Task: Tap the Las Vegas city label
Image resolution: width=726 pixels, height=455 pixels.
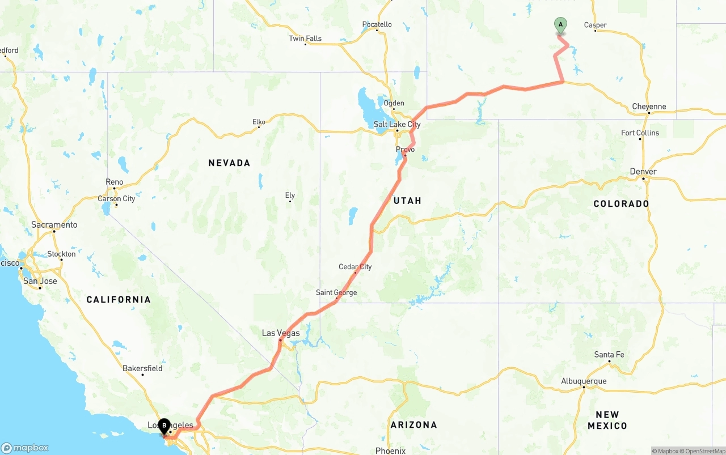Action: coord(281,333)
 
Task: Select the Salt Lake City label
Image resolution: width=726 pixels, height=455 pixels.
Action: coord(397,125)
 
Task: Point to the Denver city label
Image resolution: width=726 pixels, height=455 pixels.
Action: coord(643,172)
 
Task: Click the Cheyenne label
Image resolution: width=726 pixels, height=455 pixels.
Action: coord(649,107)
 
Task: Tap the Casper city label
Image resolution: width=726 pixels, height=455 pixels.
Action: coord(595,25)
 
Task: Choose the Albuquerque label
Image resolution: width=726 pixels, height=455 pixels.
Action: coord(584,381)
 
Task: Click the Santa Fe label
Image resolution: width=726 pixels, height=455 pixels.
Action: coord(609,355)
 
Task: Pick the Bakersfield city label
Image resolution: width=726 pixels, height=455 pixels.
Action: coord(142,368)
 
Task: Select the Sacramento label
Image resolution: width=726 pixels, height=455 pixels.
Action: coord(54,225)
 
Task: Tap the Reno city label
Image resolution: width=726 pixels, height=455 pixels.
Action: coord(114,182)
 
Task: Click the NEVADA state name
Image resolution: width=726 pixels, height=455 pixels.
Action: coord(229,163)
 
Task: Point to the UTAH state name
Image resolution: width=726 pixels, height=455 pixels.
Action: coord(407,201)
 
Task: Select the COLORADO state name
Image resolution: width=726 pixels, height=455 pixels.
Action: coord(621,203)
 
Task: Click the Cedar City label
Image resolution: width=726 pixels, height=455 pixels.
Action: coord(355,267)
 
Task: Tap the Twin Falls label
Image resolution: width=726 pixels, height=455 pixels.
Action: coord(305,39)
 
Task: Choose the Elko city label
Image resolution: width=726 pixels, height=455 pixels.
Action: coord(259,122)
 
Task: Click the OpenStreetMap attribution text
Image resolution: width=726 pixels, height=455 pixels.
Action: coord(704,451)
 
